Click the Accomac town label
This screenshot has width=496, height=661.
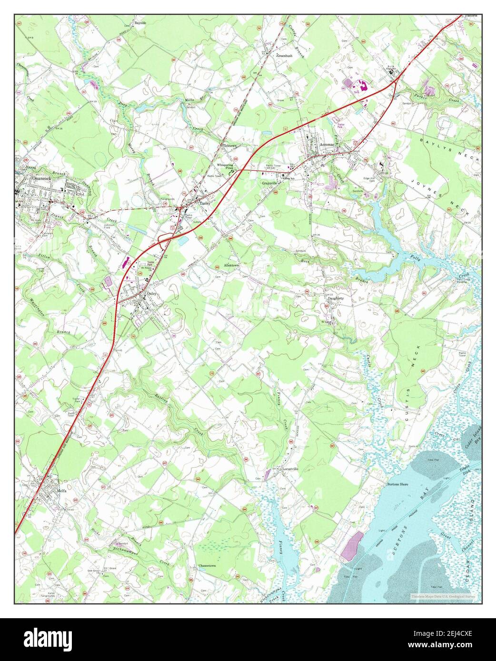(x=327, y=144)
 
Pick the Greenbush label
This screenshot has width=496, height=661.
(x=284, y=55)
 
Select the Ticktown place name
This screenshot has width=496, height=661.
(x=230, y=145)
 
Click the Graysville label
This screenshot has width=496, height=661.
(x=269, y=183)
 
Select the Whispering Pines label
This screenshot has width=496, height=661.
(x=226, y=166)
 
